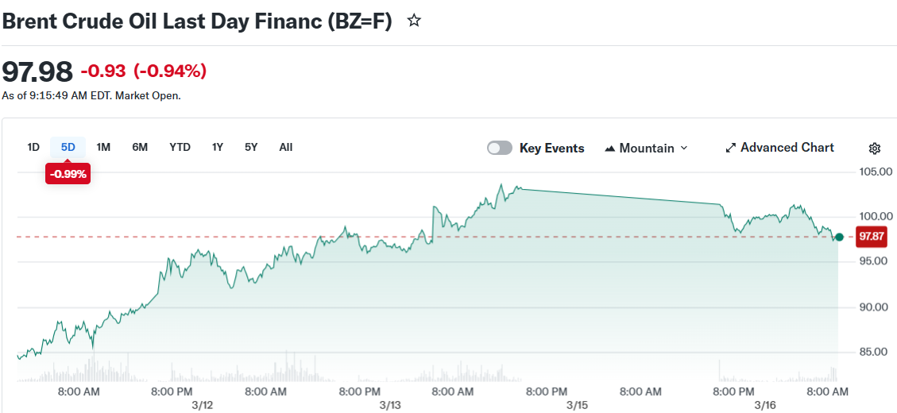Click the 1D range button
[33, 147]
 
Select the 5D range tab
[68, 147]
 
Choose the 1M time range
[103, 147]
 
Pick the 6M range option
[140, 147]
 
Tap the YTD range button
[180, 147]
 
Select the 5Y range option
[251, 147]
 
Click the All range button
[286, 147]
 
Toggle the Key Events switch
[500, 148]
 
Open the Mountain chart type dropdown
[646, 148]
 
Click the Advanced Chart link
[779, 148]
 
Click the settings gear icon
[875, 149]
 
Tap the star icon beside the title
[414, 21]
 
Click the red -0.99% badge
[68, 173]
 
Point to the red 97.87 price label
[872, 237]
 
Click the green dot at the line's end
[840, 237]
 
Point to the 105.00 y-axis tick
[877, 172]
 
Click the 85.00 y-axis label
[877, 352]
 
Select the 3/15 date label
[577, 405]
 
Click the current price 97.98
[37, 71]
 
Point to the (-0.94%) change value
[170, 71]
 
